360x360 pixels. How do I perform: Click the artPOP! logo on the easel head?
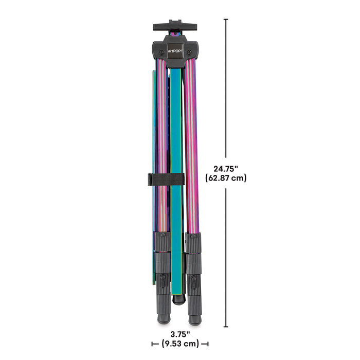point(175,51)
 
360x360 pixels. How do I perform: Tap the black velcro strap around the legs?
point(166,179)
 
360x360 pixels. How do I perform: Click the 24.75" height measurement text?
point(226,169)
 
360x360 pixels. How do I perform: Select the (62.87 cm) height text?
point(226,178)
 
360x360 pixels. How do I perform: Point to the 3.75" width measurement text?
point(180,334)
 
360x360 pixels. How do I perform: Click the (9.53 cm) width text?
point(180,344)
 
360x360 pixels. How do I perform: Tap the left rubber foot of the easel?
point(164,319)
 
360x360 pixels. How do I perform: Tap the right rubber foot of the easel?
point(195,319)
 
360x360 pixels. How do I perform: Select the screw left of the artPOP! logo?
point(161,52)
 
